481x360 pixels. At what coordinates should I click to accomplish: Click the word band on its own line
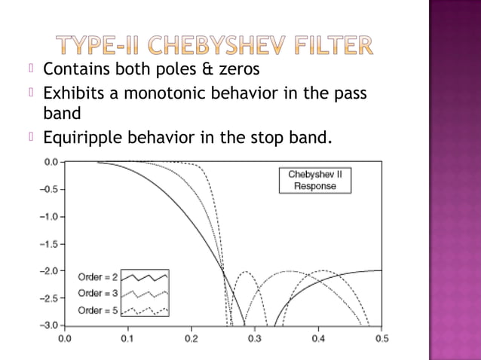coord(61,114)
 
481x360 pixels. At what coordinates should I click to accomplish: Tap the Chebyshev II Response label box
coord(315,180)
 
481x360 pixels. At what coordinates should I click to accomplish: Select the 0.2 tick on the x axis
coord(191,338)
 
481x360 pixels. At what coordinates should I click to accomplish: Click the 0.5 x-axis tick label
coord(381,338)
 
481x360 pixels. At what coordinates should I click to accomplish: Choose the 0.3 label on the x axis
coord(255,338)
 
